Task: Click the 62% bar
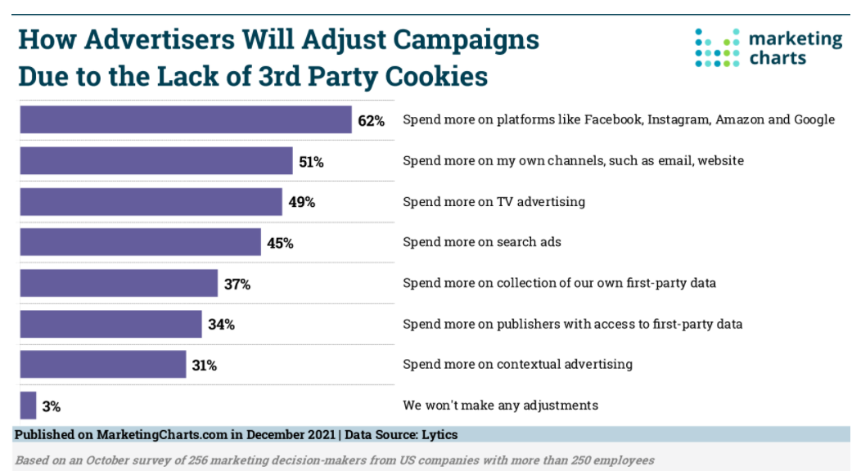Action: tap(186, 119)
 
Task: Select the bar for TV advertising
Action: tap(151, 201)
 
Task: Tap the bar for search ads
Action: tap(140, 242)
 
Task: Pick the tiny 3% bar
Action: tap(28, 406)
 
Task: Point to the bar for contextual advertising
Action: tap(103, 365)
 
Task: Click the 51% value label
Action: tap(311, 162)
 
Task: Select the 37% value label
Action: tap(237, 285)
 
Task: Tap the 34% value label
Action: tap(221, 325)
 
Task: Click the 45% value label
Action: tap(280, 243)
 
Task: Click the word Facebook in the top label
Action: tap(612, 119)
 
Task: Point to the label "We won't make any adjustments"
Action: tap(500, 405)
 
